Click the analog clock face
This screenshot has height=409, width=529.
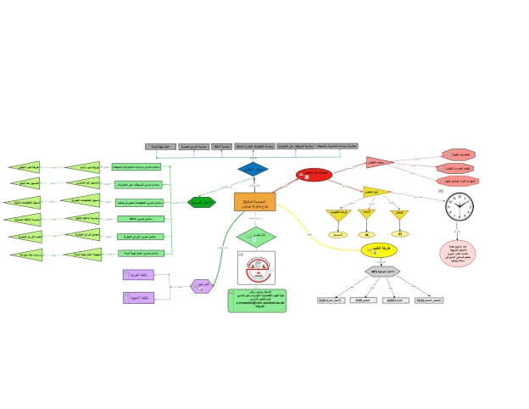(x=459, y=206)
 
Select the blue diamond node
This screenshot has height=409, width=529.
(x=252, y=170)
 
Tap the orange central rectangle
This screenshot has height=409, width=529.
(x=254, y=202)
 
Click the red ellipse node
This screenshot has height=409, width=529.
(x=314, y=174)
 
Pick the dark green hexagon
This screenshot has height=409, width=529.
(x=202, y=202)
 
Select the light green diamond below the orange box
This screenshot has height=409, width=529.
(x=256, y=237)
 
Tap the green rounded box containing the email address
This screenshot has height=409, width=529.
(x=257, y=301)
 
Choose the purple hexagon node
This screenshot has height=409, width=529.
(x=202, y=285)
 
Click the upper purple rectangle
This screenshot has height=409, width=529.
(x=138, y=274)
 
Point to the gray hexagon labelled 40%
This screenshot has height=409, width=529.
(x=381, y=272)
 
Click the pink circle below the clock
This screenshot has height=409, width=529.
(x=458, y=253)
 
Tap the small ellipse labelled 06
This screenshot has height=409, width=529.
(x=366, y=233)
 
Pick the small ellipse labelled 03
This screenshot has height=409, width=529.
(x=400, y=233)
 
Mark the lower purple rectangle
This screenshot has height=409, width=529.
(x=138, y=297)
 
